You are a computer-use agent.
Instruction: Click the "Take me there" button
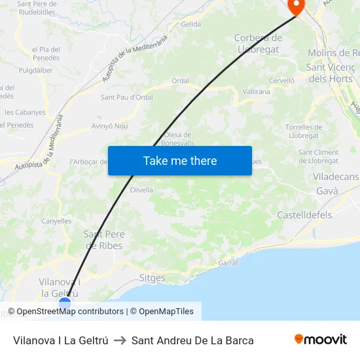[x=180, y=160]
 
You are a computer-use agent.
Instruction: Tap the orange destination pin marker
[x=296, y=7]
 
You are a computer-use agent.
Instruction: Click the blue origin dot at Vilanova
[x=65, y=303]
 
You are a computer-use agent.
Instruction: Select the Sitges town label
[x=153, y=278]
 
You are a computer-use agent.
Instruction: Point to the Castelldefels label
[x=304, y=215]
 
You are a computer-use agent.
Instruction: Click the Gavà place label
[x=327, y=191]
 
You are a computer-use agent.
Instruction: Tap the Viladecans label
[x=336, y=177]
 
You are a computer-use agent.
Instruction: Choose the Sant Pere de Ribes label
[x=103, y=240]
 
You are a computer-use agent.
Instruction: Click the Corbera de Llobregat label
[x=259, y=43]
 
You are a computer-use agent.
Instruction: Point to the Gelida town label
[x=191, y=24]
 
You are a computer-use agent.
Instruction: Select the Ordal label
[x=180, y=81]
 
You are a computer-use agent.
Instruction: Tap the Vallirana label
[x=257, y=92]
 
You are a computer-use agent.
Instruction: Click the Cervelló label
[x=282, y=81]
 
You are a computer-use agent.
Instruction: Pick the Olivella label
[x=141, y=190]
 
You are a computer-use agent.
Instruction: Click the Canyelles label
[x=56, y=221]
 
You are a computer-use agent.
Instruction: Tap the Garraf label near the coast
[x=228, y=262]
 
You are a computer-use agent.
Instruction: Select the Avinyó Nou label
[x=110, y=126]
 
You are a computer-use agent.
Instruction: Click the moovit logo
[x=321, y=339]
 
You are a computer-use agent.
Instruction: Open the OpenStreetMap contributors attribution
[x=70, y=312]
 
